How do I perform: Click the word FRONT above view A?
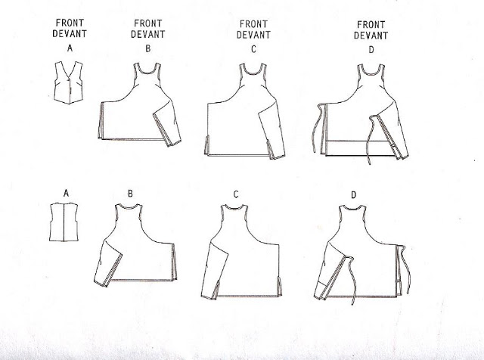click(x=70, y=23)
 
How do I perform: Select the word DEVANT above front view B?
click(x=148, y=34)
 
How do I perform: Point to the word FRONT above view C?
click(x=253, y=24)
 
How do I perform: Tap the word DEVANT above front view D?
click(x=371, y=36)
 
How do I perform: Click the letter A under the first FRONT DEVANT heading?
click(x=70, y=48)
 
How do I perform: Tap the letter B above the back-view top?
click(x=130, y=194)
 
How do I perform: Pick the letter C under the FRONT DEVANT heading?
click(x=253, y=49)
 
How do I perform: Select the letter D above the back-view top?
click(x=354, y=195)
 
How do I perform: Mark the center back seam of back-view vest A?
click(x=64, y=222)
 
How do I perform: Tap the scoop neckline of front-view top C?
click(x=253, y=72)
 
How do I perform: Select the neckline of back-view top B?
click(x=129, y=206)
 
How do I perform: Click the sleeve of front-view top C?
click(x=271, y=133)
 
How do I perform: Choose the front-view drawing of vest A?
click(x=69, y=82)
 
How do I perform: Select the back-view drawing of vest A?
click(x=64, y=222)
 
